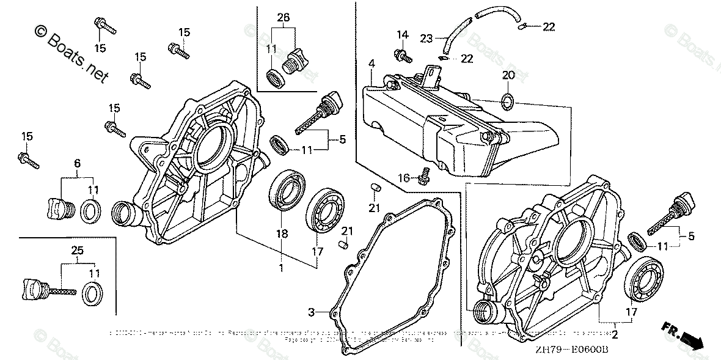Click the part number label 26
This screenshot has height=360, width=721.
[x=283, y=17]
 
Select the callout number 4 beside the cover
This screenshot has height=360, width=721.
[x=371, y=62]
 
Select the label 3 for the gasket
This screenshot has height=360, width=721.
[x=310, y=312]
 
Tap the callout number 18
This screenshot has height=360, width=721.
[x=281, y=234]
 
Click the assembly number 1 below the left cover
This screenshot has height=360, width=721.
[x=281, y=268]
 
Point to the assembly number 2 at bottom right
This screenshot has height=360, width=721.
[x=615, y=335]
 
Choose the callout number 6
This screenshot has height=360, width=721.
[x=77, y=163]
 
